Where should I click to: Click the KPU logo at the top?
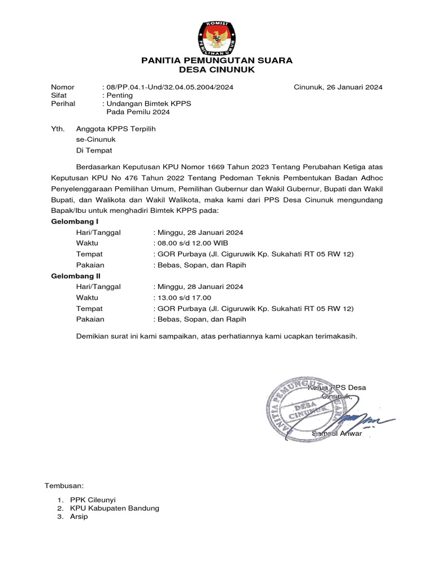[216, 37]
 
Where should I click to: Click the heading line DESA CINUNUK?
[217, 69]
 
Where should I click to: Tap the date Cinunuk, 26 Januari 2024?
[338, 87]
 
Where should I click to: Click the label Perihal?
[63, 104]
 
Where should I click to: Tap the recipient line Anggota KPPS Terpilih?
[116, 129]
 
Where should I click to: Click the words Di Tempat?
[94, 150]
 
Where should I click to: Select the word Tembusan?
[64, 485]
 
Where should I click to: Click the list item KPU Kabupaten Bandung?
[115, 508]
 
